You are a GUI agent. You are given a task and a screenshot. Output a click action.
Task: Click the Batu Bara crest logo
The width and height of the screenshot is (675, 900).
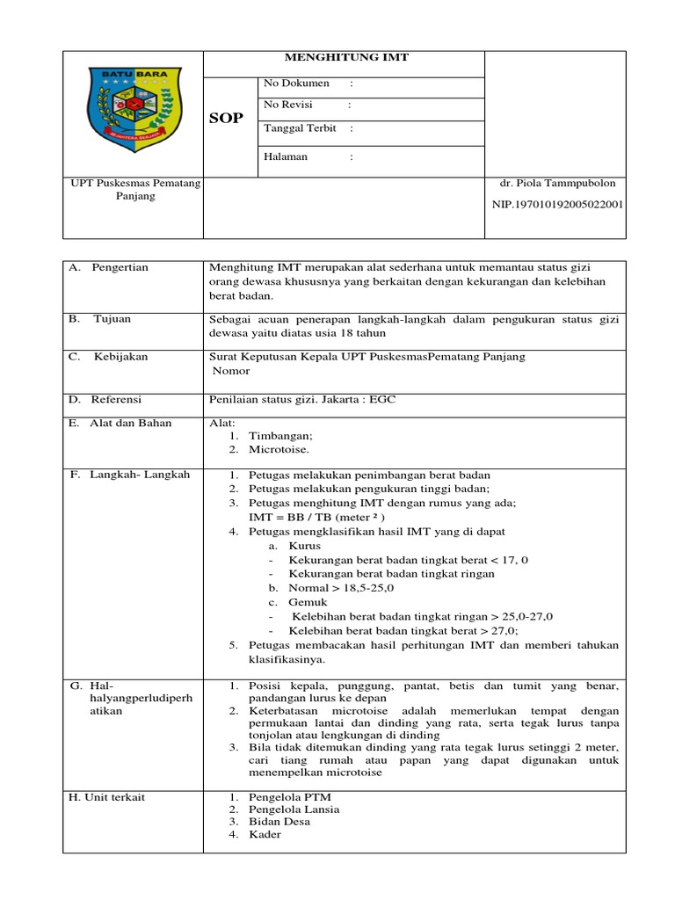pos(132,109)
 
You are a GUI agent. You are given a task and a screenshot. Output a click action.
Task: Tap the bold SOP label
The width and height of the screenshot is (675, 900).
pos(226,119)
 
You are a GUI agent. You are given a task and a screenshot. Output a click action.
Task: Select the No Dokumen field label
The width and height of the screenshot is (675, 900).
pos(296,83)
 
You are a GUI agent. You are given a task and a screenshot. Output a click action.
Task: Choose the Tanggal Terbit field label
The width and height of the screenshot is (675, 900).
pos(300,127)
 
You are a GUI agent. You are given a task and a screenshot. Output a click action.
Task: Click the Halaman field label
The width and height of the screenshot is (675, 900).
pos(286,157)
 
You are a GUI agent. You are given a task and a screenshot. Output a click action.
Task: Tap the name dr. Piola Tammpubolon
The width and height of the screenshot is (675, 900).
pos(557,183)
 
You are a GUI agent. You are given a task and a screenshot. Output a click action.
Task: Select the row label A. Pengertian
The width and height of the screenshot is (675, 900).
pos(109,267)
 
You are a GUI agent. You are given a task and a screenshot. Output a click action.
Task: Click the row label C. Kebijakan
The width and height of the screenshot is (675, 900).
pos(109,356)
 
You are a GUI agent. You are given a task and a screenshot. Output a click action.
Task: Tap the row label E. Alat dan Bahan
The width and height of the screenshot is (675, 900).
pos(120,423)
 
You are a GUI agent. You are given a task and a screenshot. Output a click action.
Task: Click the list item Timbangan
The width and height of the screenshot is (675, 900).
pos(280,435)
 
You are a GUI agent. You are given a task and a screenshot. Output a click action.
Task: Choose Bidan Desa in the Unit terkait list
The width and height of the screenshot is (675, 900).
pos(279,822)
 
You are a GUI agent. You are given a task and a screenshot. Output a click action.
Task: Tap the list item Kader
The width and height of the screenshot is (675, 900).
pos(265,834)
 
